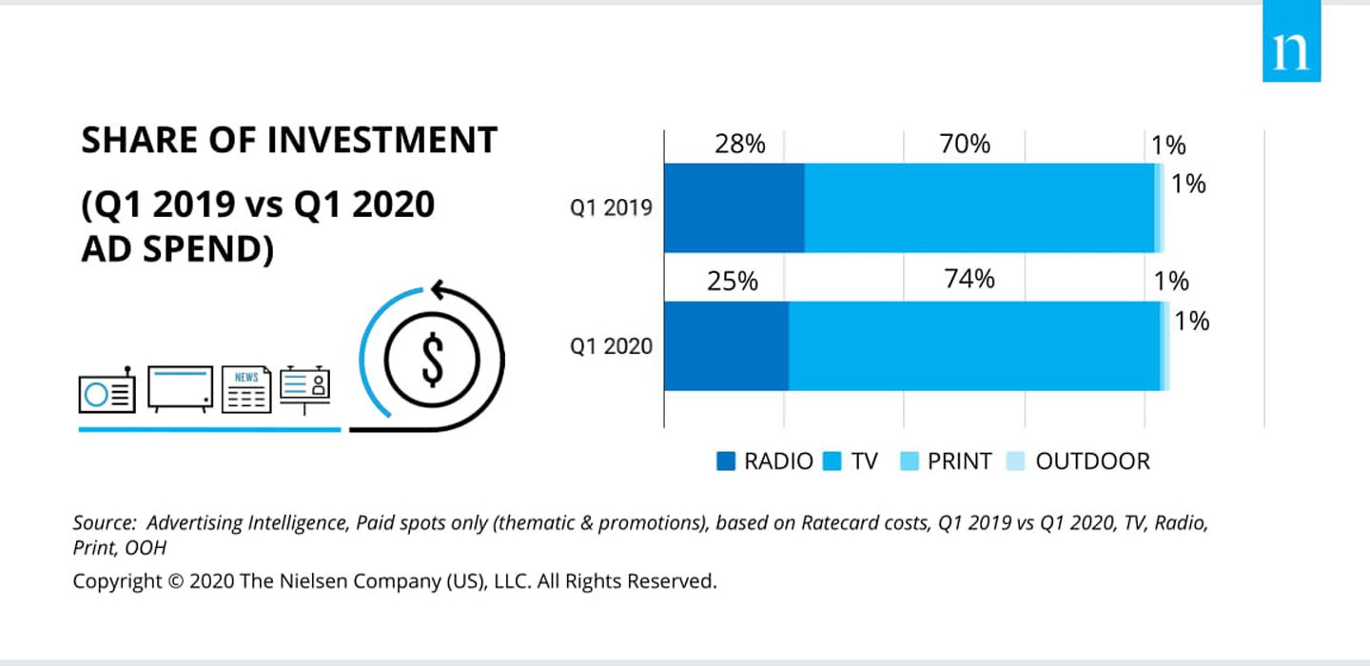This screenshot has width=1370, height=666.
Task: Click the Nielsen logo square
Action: (x=1291, y=41)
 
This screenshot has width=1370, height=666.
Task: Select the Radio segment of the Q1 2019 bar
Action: (x=734, y=207)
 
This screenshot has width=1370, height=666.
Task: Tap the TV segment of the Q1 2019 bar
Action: (x=979, y=207)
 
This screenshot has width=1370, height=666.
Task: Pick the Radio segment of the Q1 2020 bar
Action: (x=726, y=345)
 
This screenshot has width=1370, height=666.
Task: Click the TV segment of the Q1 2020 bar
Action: (x=974, y=345)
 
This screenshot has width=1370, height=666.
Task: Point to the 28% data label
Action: (x=740, y=145)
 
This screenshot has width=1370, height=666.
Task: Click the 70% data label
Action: (x=966, y=144)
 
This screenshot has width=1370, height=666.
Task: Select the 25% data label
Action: (x=734, y=282)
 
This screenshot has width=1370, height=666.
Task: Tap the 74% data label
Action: (x=969, y=280)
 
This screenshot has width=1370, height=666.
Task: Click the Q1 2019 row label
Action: (x=612, y=207)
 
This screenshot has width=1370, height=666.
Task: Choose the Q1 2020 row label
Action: (x=612, y=345)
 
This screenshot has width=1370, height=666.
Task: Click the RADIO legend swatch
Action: (x=726, y=461)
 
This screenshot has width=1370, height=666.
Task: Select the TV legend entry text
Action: (x=864, y=461)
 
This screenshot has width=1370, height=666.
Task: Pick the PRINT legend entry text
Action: (x=959, y=461)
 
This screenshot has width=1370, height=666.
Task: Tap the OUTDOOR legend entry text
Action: (x=1092, y=461)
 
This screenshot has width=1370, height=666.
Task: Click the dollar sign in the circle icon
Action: (x=433, y=359)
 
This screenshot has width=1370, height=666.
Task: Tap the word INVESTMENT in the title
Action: (x=382, y=141)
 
